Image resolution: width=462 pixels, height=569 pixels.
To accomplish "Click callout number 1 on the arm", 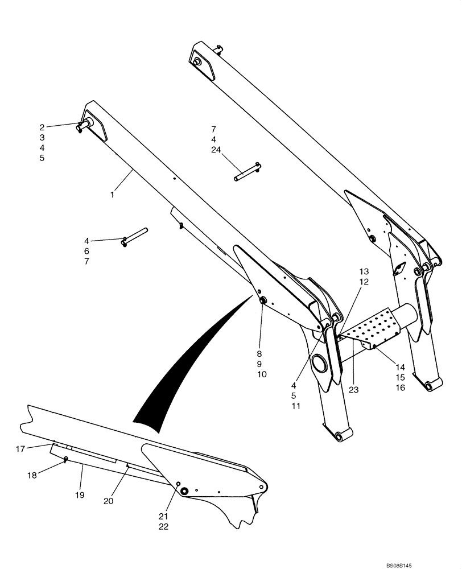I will tap(112, 195).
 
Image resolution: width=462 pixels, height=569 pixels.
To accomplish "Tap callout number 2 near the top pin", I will tap(42, 127).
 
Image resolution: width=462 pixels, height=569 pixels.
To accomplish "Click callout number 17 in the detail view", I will tap(20, 449).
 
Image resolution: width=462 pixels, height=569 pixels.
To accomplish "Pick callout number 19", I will tap(79, 495).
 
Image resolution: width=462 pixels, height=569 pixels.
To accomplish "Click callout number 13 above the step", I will tap(364, 271).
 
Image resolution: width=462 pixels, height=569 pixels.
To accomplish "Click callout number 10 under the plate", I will tap(261, 374).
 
